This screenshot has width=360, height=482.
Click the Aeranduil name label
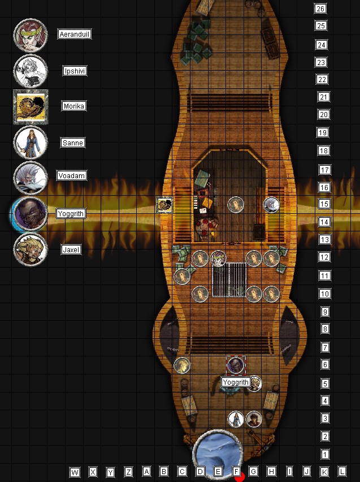75,34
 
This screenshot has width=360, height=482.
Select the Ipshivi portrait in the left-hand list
31,71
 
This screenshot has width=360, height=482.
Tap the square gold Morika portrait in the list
31,107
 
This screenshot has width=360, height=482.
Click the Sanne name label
73,143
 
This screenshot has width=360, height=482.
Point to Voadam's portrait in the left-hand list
31,178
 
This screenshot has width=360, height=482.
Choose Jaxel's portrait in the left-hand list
31,249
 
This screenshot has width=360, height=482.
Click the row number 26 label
320,8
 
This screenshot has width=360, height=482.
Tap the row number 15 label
324,204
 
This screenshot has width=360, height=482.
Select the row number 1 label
325,454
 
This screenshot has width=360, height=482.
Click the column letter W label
75,472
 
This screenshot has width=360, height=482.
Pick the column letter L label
342,471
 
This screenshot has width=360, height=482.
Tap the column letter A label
146,471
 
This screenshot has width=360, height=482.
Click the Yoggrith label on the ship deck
236,382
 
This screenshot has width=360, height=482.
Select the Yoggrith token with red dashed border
236,365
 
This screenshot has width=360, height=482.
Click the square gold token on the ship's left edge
165,205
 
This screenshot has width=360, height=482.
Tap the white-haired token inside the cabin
271,205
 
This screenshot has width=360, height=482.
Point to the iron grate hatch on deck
229,279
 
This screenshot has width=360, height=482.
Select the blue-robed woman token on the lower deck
236,419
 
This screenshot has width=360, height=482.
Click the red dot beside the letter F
240,477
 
